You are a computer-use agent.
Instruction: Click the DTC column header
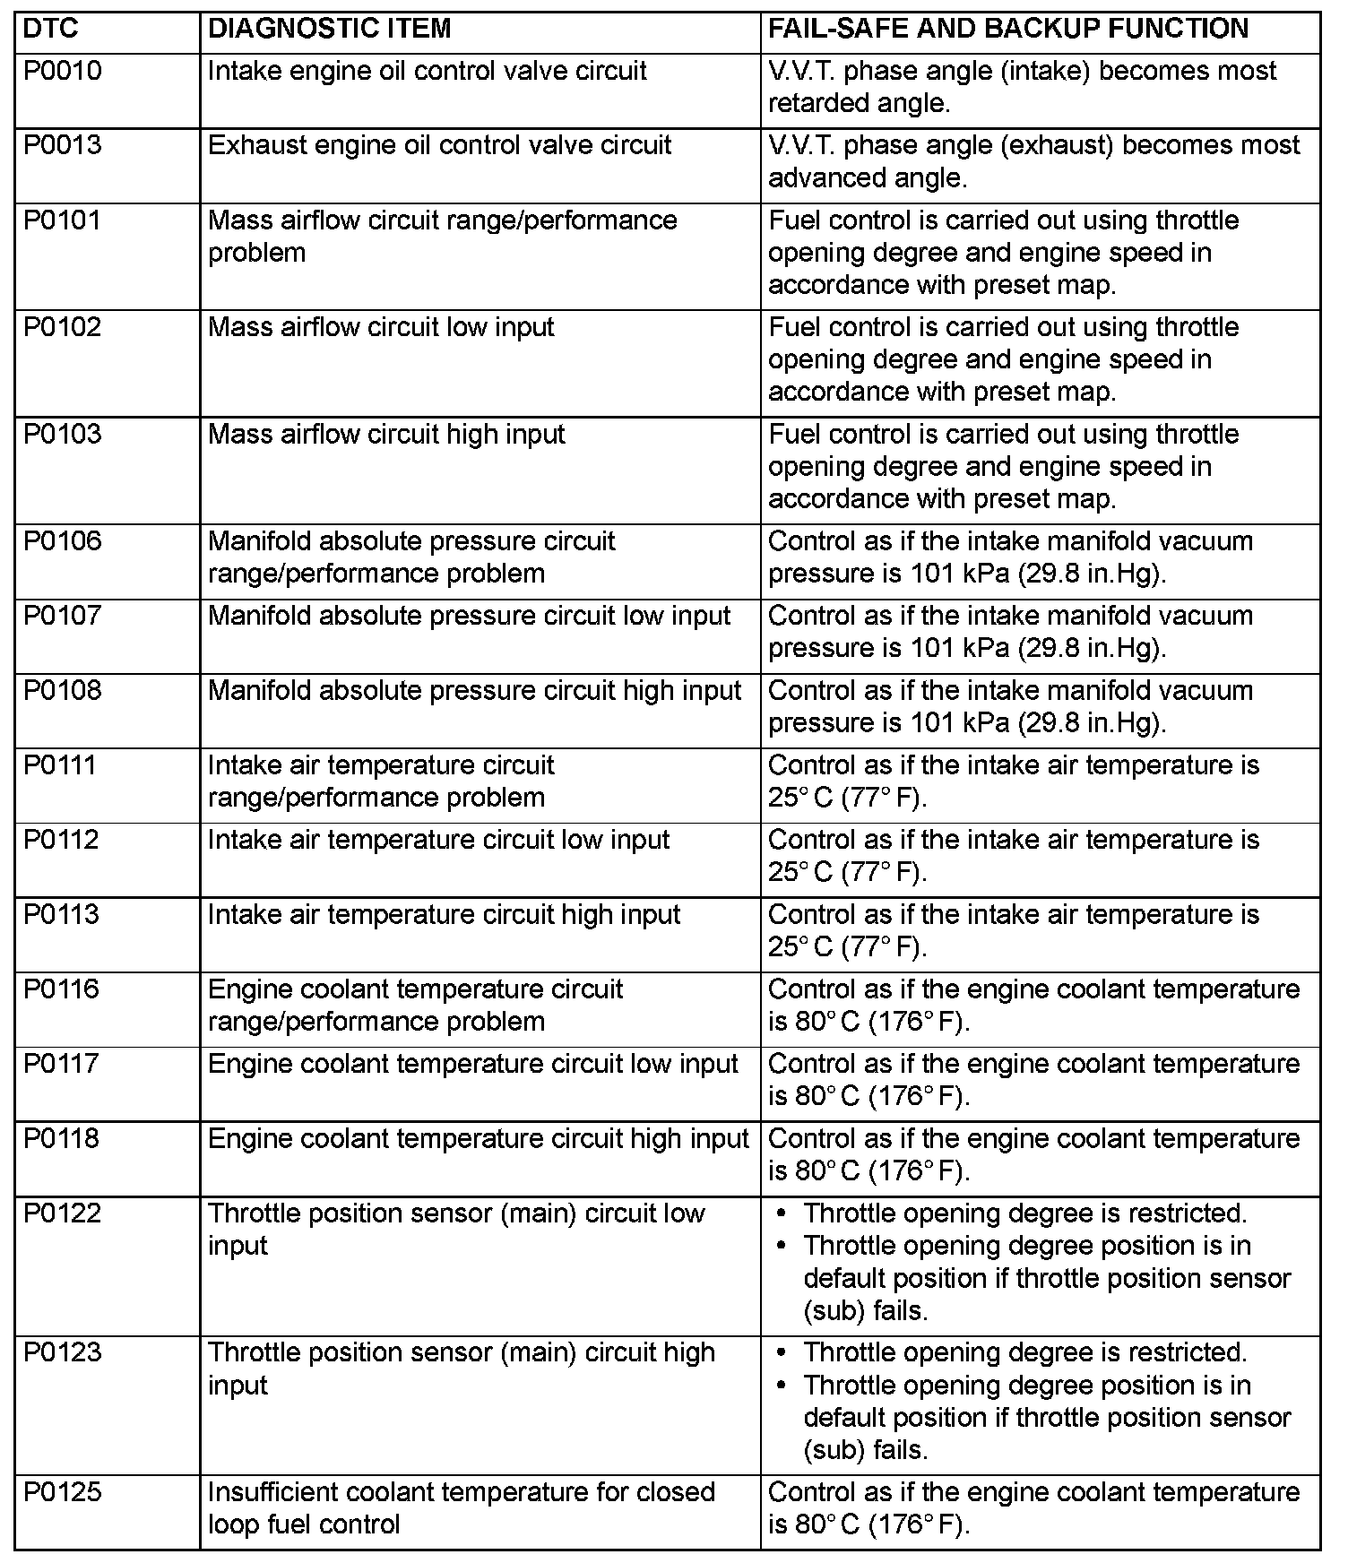(51, 29)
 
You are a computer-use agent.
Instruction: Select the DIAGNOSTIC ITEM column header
(329, 29)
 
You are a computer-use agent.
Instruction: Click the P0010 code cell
(63, 71)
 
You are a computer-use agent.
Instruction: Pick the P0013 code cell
(63, 145)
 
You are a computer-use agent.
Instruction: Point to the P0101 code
(63, 220)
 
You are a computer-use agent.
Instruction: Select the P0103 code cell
(63, 435)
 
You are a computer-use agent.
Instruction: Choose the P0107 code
(63, 616)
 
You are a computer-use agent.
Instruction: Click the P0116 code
(63, 989)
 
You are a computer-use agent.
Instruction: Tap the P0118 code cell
(63, 1139)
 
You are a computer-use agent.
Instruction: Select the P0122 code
(63, 1213)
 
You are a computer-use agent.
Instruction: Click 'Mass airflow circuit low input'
(381, 327)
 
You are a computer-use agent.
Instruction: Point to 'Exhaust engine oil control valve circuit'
(439, 145)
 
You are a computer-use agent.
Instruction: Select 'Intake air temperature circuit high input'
(444, 915)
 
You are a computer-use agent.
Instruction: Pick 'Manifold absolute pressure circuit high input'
(474, 691)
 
